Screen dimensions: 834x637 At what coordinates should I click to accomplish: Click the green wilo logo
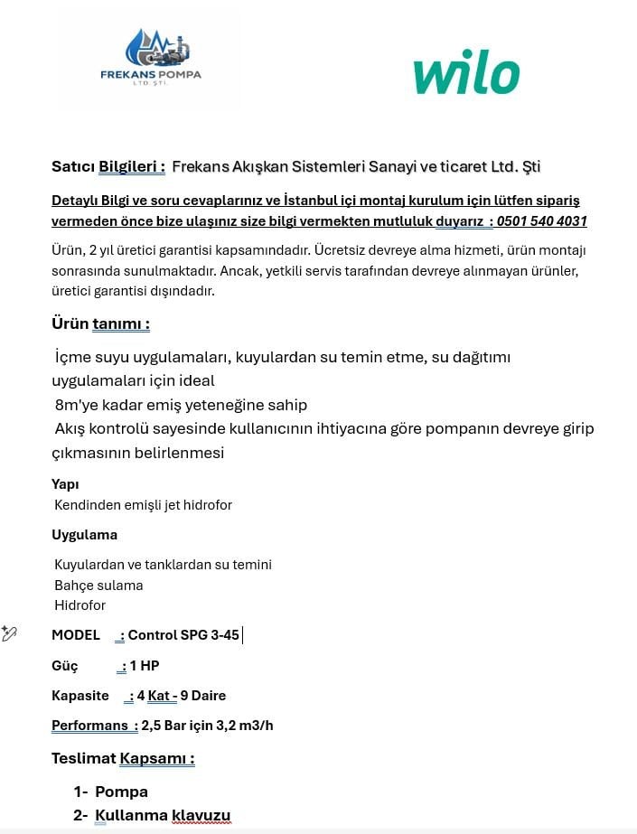pos(466,74)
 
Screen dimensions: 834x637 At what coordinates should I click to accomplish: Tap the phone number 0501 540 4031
pos(542,221)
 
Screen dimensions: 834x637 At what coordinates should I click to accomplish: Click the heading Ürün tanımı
pos(100,323)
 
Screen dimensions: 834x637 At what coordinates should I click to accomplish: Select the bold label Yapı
pos(65,483)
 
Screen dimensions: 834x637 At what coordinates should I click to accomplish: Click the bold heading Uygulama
pos(84,534)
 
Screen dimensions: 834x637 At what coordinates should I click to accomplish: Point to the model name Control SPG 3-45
pos(183,635)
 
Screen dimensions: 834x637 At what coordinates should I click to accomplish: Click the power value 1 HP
pos(145,666)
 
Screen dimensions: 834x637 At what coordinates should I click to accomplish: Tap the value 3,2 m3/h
pos(244,726)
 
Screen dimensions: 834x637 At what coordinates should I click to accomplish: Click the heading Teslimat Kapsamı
pos(123,758)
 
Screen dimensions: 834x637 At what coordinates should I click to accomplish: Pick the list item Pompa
pos(121,792)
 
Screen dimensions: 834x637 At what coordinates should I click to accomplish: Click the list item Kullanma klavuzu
pos(163,816)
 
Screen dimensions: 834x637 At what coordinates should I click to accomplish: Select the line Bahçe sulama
pos(98,585)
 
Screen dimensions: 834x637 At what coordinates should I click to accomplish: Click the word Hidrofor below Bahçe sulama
pos(80,605)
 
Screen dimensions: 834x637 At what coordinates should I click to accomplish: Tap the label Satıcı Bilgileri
pos(108,166)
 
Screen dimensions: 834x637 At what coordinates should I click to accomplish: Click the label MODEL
pos(76,635)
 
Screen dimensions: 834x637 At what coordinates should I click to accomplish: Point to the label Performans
pos(89,726)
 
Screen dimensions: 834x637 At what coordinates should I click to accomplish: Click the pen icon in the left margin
pos(10,633)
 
